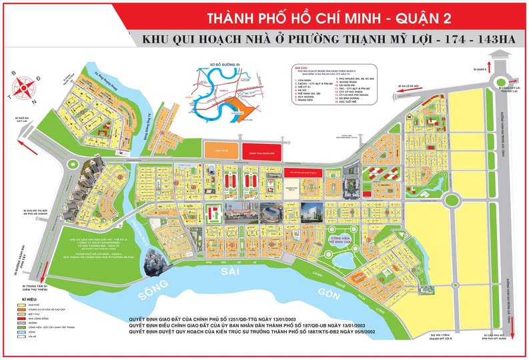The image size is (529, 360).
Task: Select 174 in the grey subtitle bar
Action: click(x=446, y=39)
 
